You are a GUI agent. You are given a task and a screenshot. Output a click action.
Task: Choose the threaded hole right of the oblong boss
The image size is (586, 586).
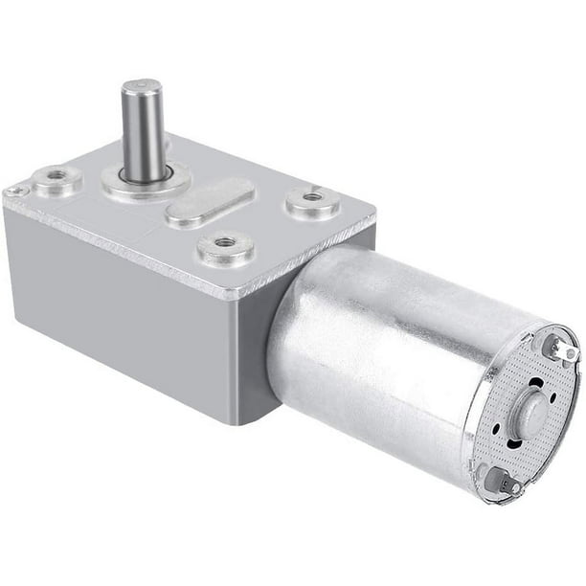pos(311,198)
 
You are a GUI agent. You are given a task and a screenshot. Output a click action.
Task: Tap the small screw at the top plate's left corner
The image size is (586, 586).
pos(13,192)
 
